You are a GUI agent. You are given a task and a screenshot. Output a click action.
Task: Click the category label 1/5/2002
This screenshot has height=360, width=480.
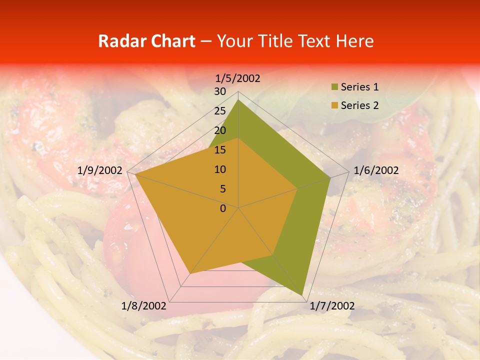238,78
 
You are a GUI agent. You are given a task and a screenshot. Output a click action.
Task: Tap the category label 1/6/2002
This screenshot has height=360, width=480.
376,170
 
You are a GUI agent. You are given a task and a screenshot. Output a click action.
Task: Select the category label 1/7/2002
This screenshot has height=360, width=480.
331,306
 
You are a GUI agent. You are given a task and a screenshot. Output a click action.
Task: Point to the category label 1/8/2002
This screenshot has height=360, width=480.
144,306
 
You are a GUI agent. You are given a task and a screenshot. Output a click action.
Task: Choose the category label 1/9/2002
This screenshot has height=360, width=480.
100,170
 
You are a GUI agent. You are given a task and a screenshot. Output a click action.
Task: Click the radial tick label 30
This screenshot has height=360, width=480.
220,91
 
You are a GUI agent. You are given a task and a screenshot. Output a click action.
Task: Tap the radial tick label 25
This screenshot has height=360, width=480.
220,111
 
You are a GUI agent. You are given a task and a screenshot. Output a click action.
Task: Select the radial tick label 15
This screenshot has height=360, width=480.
220,150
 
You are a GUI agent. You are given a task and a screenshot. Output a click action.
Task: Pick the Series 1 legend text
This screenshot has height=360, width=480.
359,87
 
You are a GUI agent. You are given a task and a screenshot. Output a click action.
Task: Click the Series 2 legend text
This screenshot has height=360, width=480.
359,105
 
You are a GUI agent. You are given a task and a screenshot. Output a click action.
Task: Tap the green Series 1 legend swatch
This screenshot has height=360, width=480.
334,87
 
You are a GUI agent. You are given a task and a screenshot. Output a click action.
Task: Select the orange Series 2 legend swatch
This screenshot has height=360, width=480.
334,106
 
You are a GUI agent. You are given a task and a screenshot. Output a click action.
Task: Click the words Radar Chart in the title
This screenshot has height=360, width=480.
146,41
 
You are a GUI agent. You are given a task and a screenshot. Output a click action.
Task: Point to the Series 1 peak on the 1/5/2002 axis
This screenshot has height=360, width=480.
238,100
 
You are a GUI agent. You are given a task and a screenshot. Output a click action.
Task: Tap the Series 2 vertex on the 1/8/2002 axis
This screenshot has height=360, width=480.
190,273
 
